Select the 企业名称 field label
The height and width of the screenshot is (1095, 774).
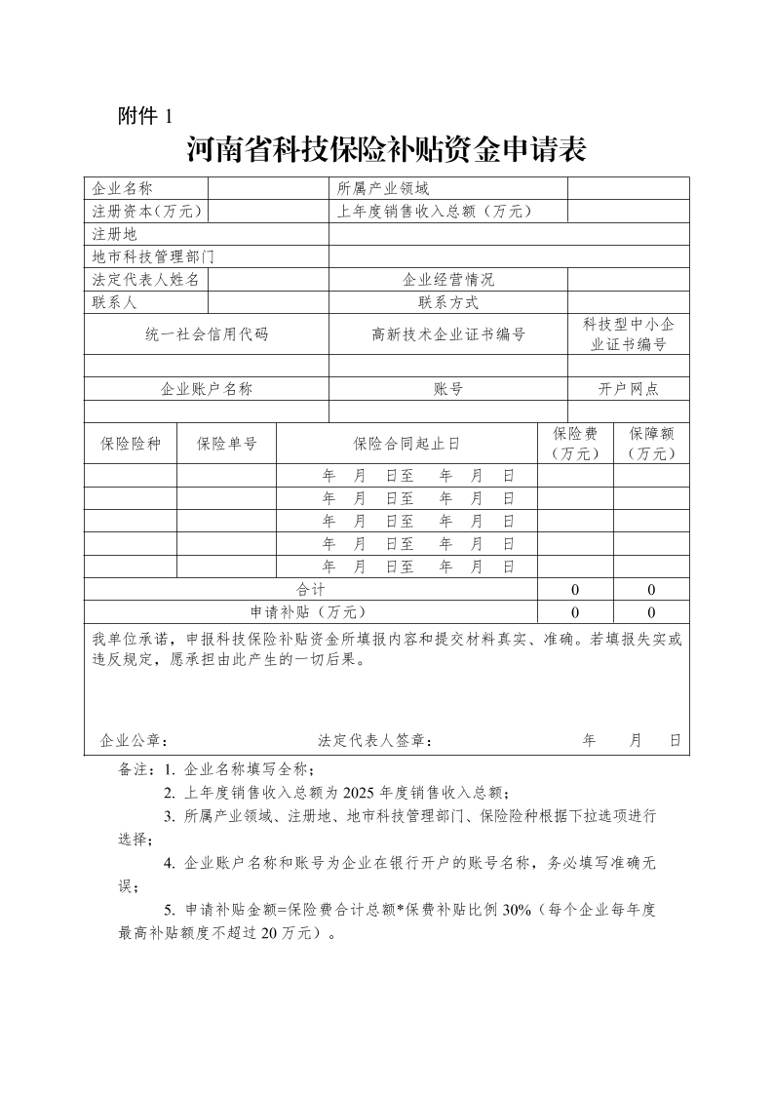[123, 188]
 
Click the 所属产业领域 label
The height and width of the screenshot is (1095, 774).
[383, 188]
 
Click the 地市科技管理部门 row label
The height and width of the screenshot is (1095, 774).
[153, 257]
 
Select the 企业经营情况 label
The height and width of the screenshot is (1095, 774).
[448, 280]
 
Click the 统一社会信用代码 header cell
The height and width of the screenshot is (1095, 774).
[207, 334]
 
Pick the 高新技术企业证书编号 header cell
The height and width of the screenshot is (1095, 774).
[448, 334]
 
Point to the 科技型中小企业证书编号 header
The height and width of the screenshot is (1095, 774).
[629, 334]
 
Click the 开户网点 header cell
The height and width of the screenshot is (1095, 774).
[629, 389]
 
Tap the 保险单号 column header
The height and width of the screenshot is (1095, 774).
[227, 444]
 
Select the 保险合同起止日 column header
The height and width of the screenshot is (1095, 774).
[406, 444]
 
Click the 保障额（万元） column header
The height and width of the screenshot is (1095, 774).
[651, 444]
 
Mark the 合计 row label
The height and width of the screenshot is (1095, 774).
[311, 590]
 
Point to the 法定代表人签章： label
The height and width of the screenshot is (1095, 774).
[375, 740]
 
